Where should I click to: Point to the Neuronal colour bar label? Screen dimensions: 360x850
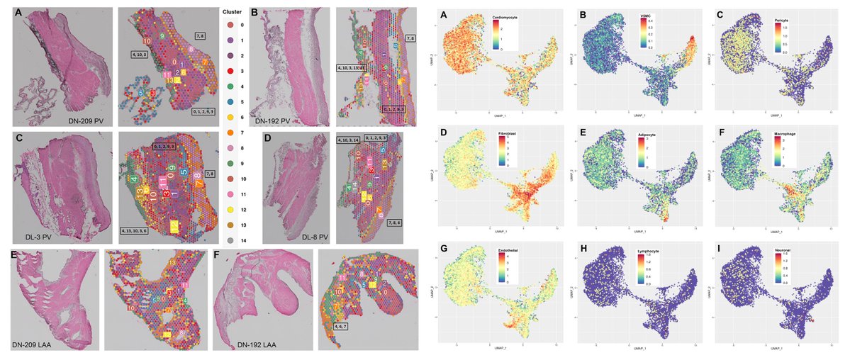(781, 250)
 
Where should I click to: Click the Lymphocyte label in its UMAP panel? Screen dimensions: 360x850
(644, 250)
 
